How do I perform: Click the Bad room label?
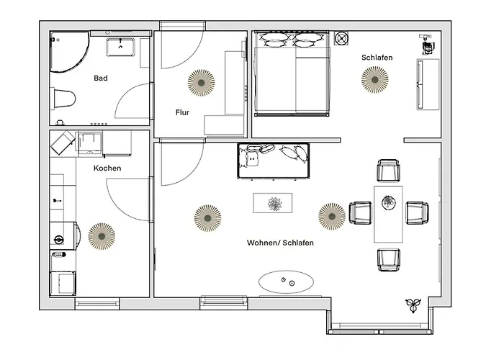click(x=101, y=78)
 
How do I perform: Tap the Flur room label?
click(x=182, y=112)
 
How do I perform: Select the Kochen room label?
click(x=107, y=168)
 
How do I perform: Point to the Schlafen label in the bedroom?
click(x=377, y=58)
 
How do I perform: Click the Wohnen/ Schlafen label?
click(x=280, y=243)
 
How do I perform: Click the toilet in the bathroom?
click(x=63, y=99)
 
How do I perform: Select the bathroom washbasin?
click(x=120, y=47)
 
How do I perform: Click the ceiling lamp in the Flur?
click(x=201, y=83)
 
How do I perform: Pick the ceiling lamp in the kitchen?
click(x=102, y=236)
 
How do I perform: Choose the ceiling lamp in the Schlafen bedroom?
click(x=375, y=79)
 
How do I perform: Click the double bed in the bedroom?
click(x=292, y=74)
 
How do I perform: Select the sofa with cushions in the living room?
click(x=274, y=161)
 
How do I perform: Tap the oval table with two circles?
click(x=286, y=282)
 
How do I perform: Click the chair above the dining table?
click(x=388, y=171)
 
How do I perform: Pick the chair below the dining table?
click(x=389, y=260)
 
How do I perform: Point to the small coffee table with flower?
click(x=273, y=203)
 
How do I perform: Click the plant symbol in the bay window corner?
click(x=413, y=305)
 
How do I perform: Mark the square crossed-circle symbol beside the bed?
click(x=341, y=38)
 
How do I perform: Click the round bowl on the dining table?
click(x=389, y=202)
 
